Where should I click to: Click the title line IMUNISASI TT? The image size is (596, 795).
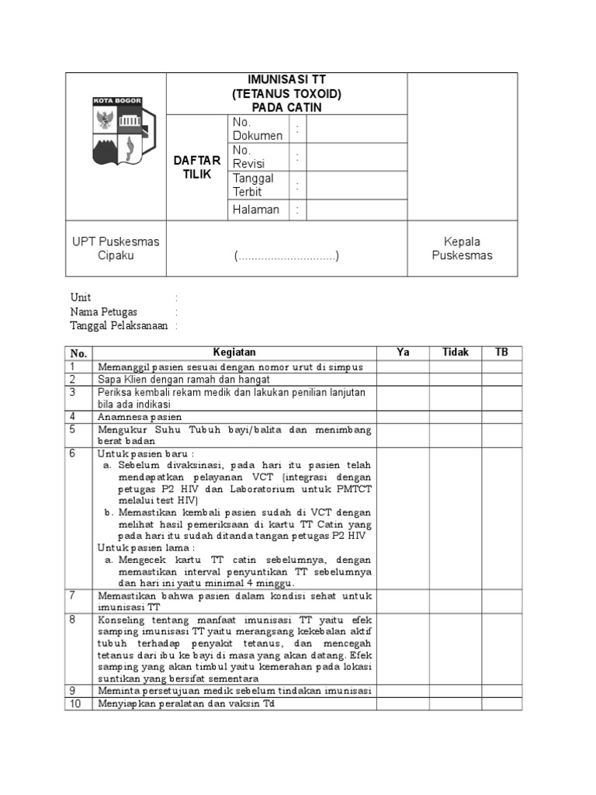tap(286, 80)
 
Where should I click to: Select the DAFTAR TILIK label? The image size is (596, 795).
tap(196, 167)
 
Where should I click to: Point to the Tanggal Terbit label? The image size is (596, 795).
tap(253, 185)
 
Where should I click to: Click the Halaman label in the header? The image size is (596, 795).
tap(255, 210)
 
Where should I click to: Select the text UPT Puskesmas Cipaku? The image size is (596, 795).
tap(116, 248)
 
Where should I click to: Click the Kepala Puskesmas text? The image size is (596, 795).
tap(462, 248)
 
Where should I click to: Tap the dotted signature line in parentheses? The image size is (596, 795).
tap(287, 256)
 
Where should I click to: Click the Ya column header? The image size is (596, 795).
tap(403, 352)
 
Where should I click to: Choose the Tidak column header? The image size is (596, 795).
tap(456, 352)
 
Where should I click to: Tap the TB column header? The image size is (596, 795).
tap(502, 352)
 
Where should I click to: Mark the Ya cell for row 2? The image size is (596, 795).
tap(403, 380)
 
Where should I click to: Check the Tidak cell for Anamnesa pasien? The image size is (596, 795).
tap(456, 416)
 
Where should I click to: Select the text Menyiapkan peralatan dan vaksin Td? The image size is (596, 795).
tap(186, 703)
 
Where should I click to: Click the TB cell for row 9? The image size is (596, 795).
tap(502, 690)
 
